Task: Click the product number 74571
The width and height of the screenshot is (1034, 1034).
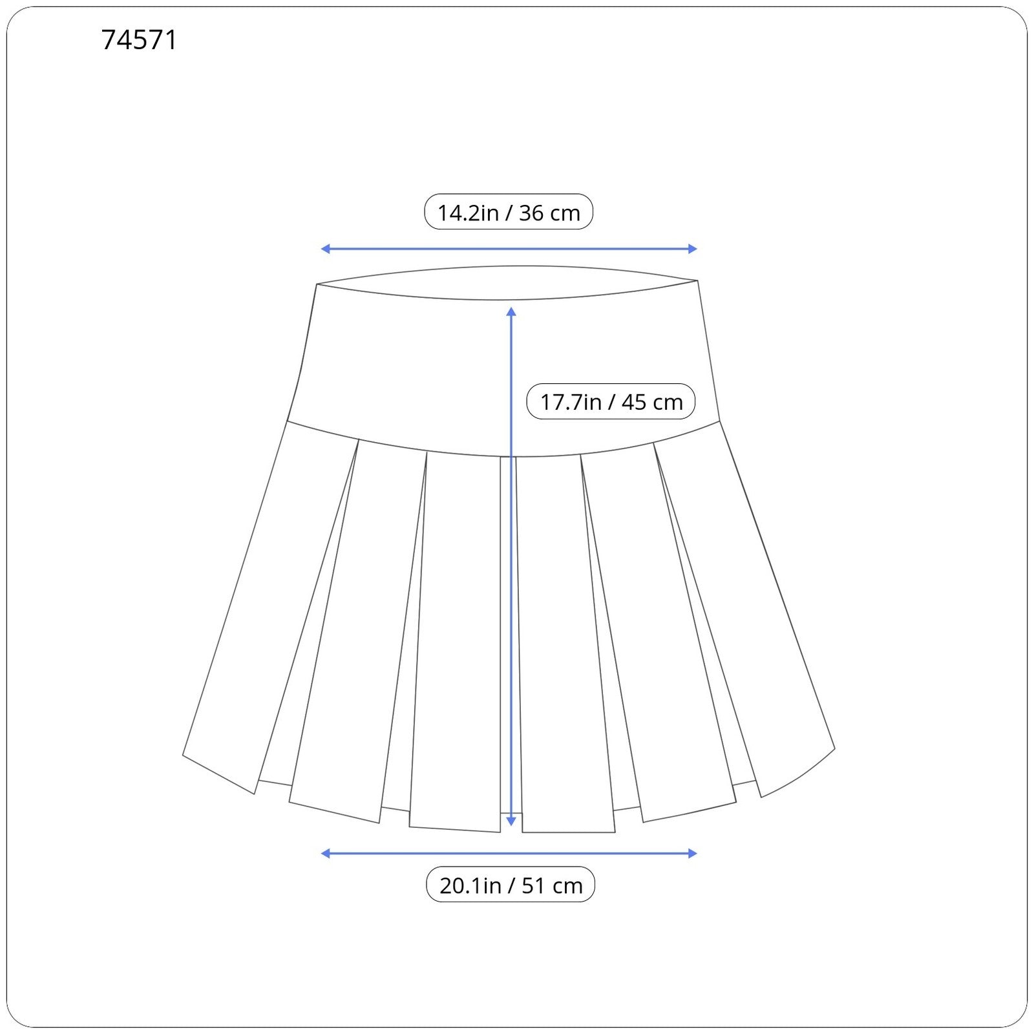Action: coord(139,40)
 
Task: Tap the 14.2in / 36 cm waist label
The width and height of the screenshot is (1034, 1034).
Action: coord(509,212)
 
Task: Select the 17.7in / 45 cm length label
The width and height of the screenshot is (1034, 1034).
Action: coord(611,401)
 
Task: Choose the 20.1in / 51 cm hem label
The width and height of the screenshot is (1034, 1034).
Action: coord(511,885)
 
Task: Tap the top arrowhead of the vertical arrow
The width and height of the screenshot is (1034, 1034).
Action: coord(511,312)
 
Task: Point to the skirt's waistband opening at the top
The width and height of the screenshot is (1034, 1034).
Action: coord(507,282)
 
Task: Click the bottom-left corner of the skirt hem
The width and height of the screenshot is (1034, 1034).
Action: coord(184,754)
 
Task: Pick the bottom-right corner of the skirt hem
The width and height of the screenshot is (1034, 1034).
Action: coord(834,750)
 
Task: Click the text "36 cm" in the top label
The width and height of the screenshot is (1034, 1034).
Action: coord(549,213)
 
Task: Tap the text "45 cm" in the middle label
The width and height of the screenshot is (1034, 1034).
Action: coord(652,402)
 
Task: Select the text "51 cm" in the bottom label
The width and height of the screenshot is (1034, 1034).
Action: coord(552,885)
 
